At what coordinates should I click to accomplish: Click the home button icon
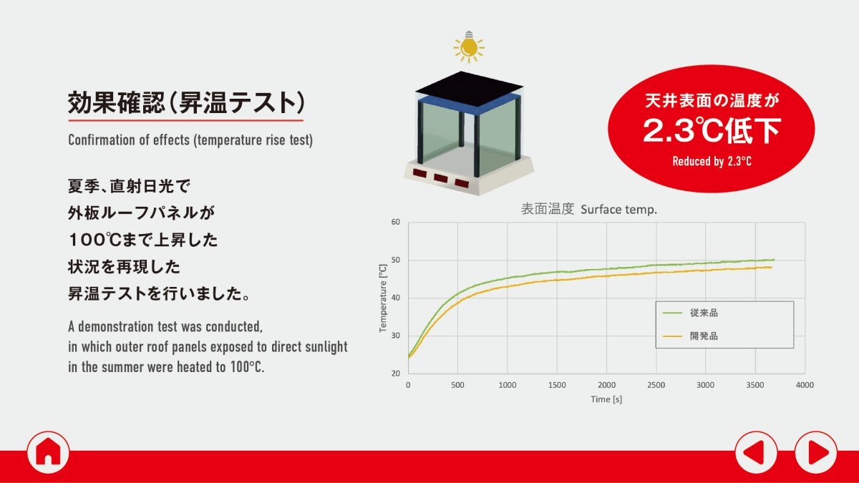click(x=49, y=452)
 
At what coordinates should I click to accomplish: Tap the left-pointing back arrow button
click(x=756, y=452)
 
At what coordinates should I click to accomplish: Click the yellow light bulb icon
click(x=469, y=47)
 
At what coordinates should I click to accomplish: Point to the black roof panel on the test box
click(x=469, y=89)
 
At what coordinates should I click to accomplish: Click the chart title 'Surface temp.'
click(x=618, y=210)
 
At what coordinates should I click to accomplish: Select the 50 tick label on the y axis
click(x=395, y=260)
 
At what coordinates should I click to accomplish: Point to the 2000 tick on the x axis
click(x=606, y=385)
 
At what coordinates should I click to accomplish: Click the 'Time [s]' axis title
click(x=606, y=399)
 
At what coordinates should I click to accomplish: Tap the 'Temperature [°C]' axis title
click(x=383, y=298)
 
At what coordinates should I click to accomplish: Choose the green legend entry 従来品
click(x=690, y=313)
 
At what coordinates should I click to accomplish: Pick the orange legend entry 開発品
click(x=690, y=336)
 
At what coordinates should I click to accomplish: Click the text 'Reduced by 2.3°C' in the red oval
click(x=712, y=162)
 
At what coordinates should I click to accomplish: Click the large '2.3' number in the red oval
click(x=669, y=130)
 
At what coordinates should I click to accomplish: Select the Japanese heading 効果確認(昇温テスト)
click(x=186, y=103)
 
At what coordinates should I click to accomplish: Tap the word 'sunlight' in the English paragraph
click(x=326, y=347)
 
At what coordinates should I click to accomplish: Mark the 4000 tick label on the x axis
click(x=805, y=385)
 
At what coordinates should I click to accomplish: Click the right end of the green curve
click(x=774, y=260)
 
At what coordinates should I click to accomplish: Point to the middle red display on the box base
click(x=441, y=178)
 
